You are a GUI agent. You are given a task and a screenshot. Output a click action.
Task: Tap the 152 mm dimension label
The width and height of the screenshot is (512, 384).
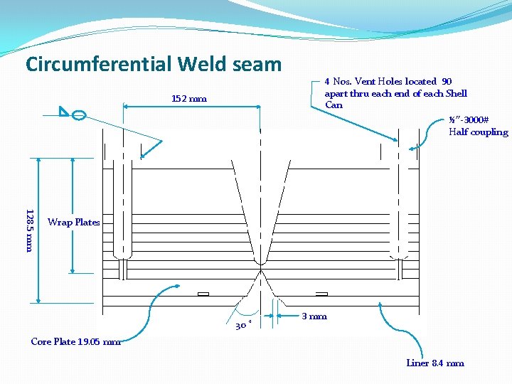point(190,99)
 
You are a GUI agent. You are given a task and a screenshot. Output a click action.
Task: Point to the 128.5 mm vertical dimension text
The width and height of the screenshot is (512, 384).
point(29,230)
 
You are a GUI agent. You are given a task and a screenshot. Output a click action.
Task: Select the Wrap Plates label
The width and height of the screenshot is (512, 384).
point(73,223)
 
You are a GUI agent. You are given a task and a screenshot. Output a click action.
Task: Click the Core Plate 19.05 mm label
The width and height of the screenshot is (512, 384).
point(75,341)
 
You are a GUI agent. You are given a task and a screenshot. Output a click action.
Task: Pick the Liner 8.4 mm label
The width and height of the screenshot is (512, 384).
point(435,363)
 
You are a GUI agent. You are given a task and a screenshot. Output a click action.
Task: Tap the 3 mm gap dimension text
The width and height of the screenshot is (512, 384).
point(314,316)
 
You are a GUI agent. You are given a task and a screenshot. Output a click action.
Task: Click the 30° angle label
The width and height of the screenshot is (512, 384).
point(242,326)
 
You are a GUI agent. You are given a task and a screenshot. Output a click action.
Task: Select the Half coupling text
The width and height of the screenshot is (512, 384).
point(478,132)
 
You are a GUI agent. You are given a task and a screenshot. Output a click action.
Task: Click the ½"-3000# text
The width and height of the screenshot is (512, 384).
point(468,120)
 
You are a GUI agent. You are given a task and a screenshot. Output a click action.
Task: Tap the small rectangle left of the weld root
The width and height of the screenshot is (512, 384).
point(203,294)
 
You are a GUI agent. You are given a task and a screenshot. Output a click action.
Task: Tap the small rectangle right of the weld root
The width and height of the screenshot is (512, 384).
point(321,294)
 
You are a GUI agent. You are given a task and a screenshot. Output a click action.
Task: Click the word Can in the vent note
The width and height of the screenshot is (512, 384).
point(334,105)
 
